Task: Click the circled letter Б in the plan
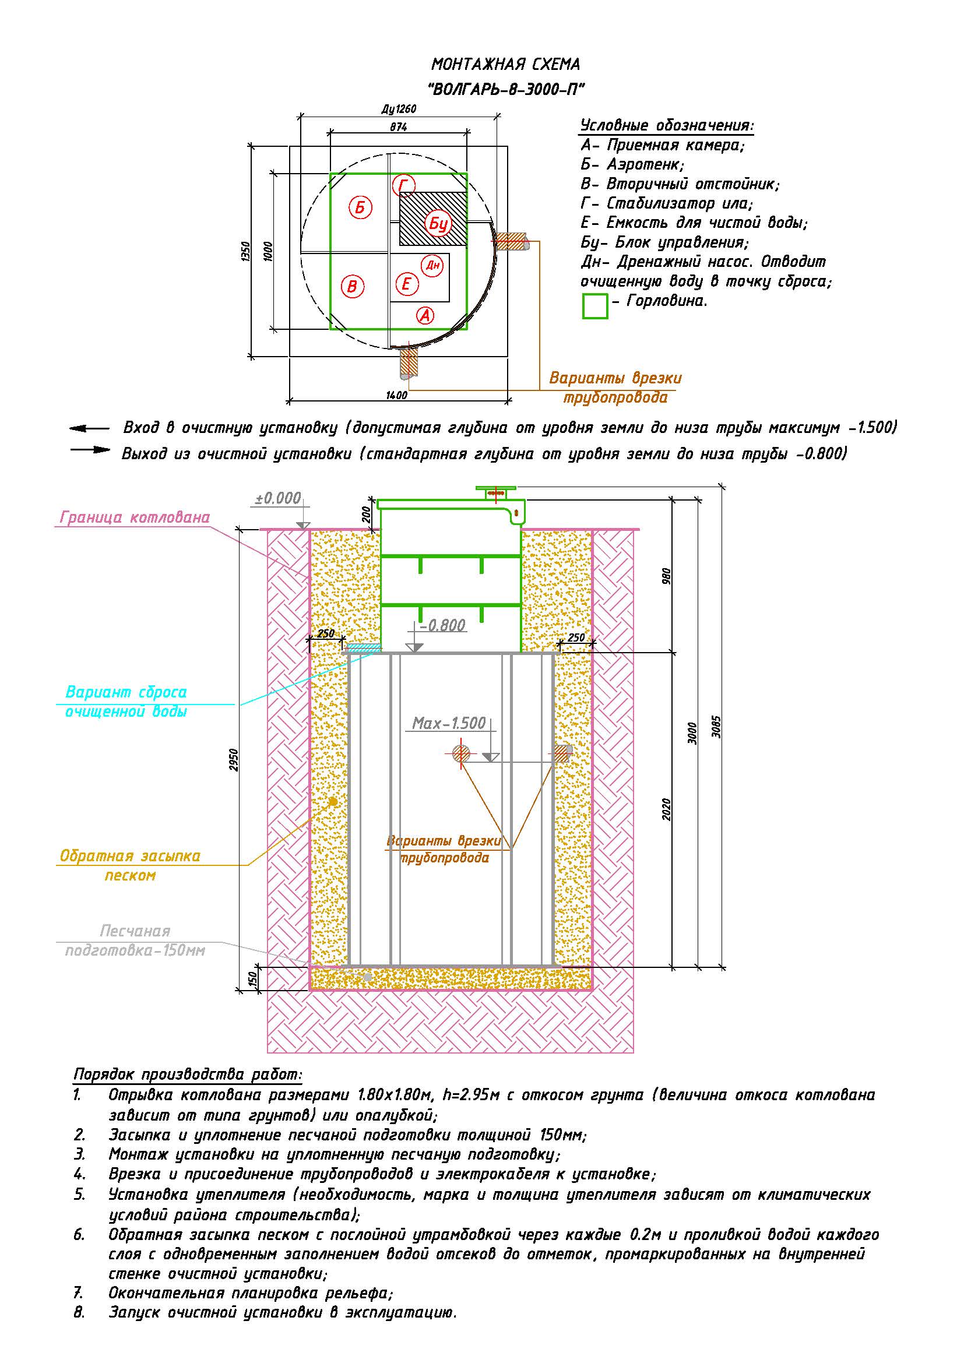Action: coord(360,208)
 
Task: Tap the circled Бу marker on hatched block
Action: coord(438,224)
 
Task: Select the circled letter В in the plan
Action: coord(353,287)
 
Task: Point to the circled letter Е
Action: coord(407,284)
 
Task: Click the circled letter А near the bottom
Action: coord(425,315)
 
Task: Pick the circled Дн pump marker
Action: coord(432,265)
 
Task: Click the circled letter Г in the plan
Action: coord(404,186)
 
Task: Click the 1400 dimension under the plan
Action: coord(396,395)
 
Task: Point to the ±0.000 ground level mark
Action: coord(279,498)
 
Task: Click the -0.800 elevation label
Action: coord(442,625)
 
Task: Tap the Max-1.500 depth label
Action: coord(449,723)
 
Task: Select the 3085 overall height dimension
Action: coord(716,726)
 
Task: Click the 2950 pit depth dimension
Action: coord(234,760)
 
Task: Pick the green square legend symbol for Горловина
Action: coord(595,307)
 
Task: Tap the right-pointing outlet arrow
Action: coord(90,449)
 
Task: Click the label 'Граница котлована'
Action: coord(135,517)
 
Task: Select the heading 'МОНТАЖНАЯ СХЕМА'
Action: coord(506,64)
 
